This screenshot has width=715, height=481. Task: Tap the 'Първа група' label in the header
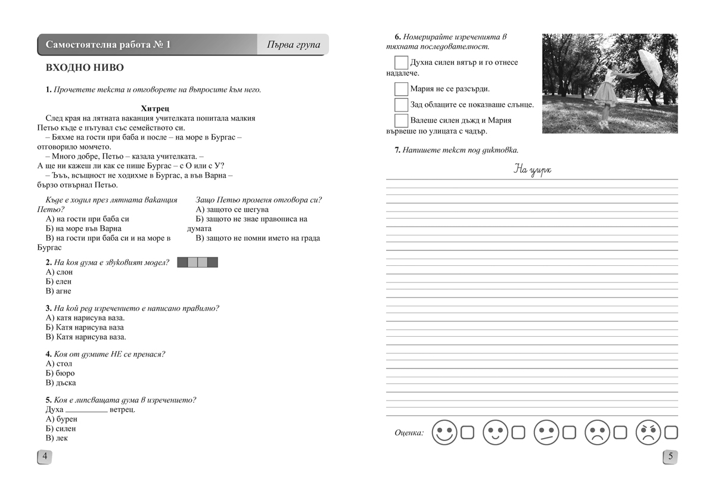[293, 45]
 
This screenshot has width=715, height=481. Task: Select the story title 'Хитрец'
[156, 108]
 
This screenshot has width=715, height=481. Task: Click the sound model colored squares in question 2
[198, 262]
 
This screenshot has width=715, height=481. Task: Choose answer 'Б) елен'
[58, 281]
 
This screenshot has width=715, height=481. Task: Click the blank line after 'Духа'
[86, 410]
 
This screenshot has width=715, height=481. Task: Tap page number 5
[670, 457]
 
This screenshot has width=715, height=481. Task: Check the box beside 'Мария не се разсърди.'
[401, 89]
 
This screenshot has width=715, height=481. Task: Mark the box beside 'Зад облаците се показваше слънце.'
[401, 105]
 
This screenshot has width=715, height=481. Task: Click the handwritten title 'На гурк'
[532, 170]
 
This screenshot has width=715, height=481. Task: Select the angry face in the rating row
[648, 432]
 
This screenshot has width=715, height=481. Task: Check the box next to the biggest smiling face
[467, 432]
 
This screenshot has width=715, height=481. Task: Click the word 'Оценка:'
[409, 433]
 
